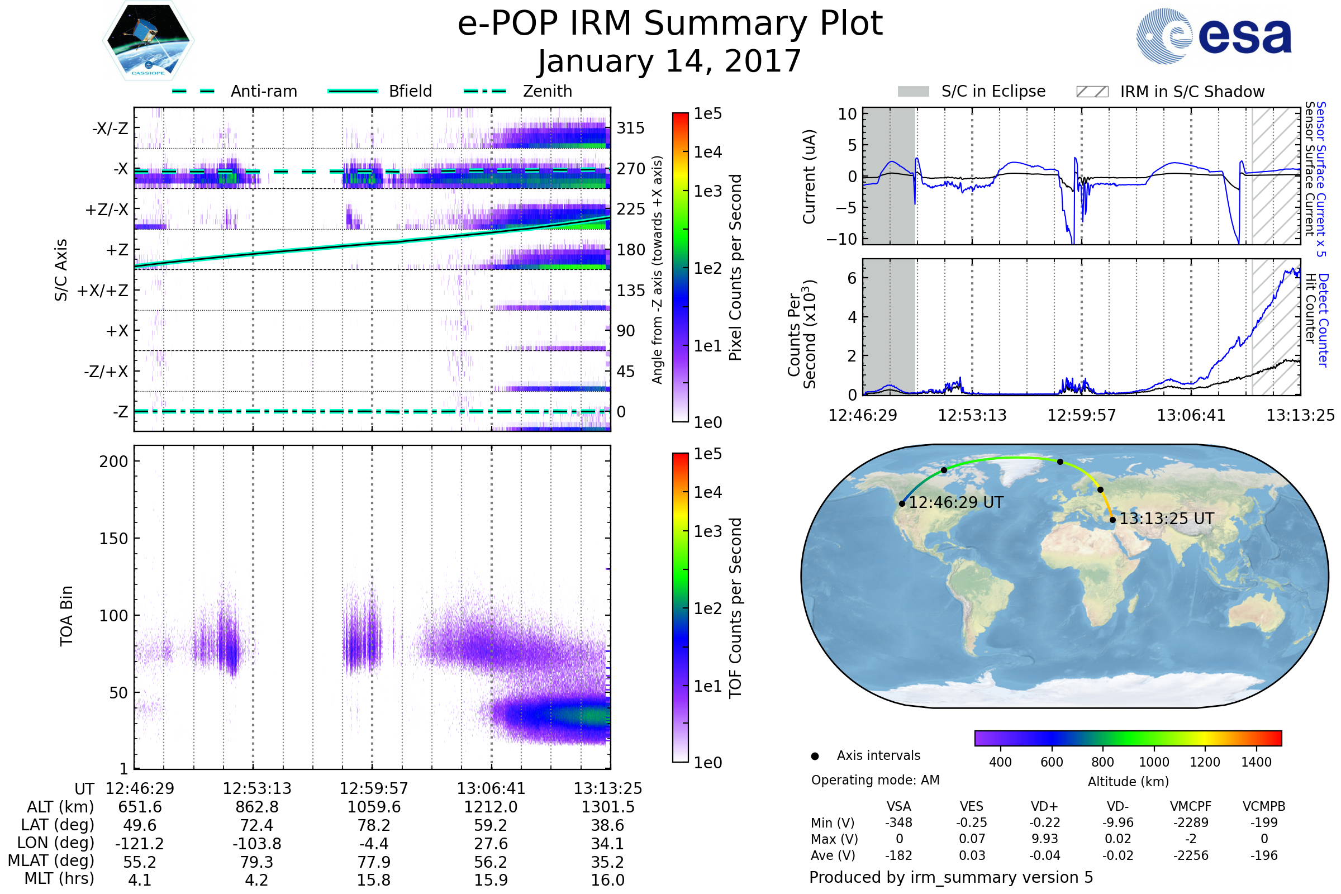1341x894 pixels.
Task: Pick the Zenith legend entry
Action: pyautogui.click(x=518, y=91)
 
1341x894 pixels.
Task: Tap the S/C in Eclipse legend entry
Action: pyautogui.click(x=972, y=92)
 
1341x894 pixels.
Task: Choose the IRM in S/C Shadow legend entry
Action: pyautogui.click(x=1170, y=92)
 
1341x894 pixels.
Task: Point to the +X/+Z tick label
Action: pyautogui.click(x=103, y=291)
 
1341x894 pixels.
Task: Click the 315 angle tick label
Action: pyautogui.click(x=631, y=129)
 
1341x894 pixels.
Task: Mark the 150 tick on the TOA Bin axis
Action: pyautogui.click(x=113, y=539)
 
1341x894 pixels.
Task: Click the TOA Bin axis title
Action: pyautogui.click(x=66, y=616)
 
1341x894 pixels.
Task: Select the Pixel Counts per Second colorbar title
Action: pyautogui.click(x=735, y=268)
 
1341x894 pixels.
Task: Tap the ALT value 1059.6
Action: pyautogui.click(x=374, y=807)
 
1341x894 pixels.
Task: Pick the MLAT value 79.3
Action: pyautogui.click(x=256, y=862)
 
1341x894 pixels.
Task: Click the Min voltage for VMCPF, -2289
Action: pyautogui.click(x=1191, y=822)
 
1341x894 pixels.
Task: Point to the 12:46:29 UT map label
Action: pyautogui.click(x=955, y=503)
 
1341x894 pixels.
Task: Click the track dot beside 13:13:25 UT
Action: pyautogui.click(x=1112, y=520)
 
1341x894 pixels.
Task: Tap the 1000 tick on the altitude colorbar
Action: pyautogui.click(x=1153, y=762)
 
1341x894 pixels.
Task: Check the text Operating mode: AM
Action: pyautogui.click(x=875, y=780)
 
